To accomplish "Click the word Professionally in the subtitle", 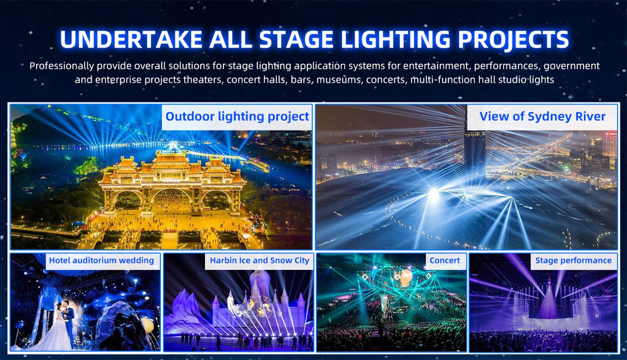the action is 62,66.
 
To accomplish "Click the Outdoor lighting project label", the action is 237,117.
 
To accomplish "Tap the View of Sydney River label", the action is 542,117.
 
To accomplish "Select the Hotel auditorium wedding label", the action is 101,261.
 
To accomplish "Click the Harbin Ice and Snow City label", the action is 259,261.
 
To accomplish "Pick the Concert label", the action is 445,261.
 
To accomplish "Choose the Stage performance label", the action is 573,261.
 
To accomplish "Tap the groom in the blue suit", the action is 68,322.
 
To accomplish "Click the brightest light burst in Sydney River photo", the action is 434,192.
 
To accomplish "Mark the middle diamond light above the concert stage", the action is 397,277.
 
